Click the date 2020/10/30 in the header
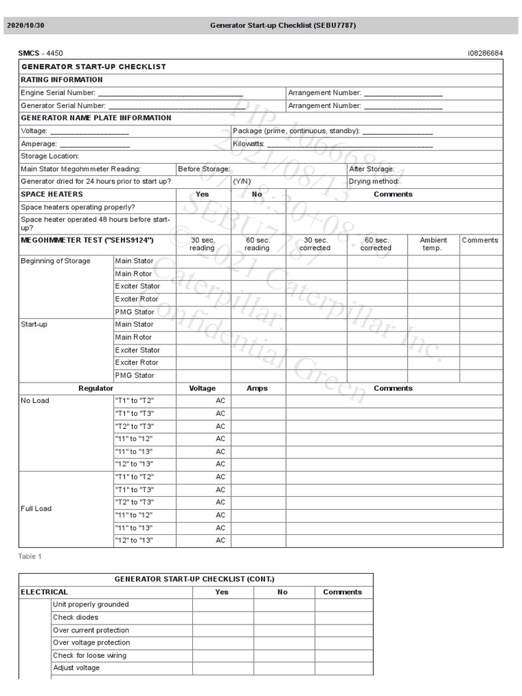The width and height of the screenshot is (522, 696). coord(25,26)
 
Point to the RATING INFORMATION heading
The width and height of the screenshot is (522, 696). coord(62,80)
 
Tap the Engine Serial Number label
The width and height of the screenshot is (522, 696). coord(58,92)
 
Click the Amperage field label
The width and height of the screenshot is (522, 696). coord(39,144)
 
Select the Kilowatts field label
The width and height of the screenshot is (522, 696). coord(248,144)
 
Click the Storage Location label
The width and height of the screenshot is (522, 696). coord(50,156)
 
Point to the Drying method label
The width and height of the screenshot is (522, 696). coord(374,181)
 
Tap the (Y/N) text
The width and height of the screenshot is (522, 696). coord(242,181)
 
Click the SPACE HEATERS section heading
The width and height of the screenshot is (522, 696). coord(52,194)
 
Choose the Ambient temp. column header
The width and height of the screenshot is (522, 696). coord(433,244)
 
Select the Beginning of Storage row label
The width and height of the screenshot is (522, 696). coord(55,261)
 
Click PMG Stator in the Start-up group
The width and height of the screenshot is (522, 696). coord(135,375)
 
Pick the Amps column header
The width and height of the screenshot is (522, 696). coord(258,388)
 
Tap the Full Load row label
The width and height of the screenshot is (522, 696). coord(36,508)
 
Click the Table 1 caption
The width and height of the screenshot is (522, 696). coord(30,557)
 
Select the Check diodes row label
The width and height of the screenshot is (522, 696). coord(75,617)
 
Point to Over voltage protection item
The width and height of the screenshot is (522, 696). coord(91,642)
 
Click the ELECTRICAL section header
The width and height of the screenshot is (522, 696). coord(44,592)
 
